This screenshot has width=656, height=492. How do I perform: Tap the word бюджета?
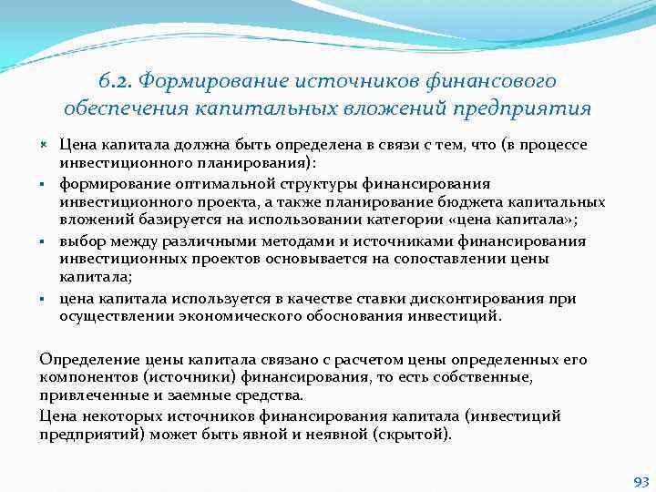pyautogui.click(x=482, y=202)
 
